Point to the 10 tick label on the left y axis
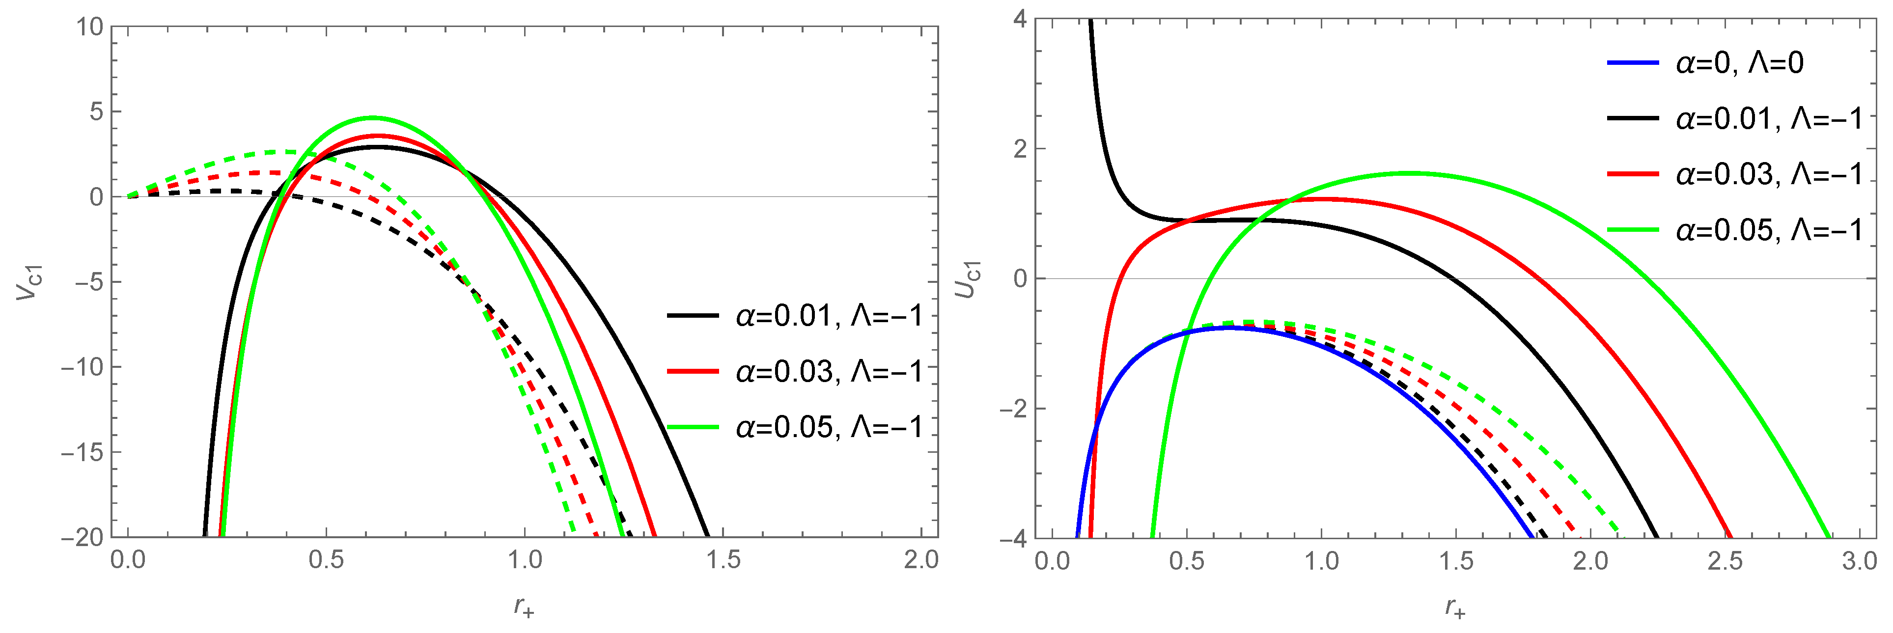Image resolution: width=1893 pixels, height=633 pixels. (90, 27)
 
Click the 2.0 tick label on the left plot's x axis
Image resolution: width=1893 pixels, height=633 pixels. (921, 561)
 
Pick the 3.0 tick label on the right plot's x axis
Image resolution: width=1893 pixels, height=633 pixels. (1859, 562)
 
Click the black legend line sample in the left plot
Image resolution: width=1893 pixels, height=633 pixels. (692, 316)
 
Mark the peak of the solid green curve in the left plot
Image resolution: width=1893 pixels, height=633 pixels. (373, 117)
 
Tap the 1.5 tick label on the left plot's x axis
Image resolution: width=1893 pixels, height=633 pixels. (723, 561)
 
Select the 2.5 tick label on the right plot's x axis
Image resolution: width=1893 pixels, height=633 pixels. (1725, 562)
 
